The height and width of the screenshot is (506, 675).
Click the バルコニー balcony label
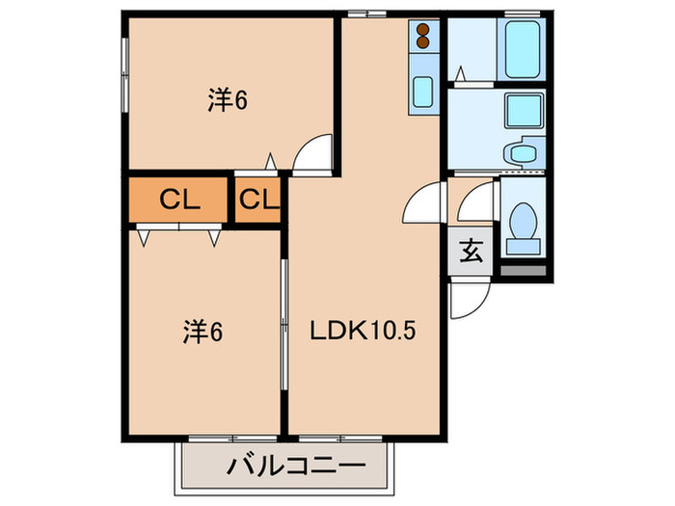tap(296, 466)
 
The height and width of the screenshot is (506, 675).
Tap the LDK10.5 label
tap(363, 331)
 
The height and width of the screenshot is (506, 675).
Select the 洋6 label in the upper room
tap(228, 100)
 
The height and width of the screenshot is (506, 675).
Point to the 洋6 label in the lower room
tap(202, 332)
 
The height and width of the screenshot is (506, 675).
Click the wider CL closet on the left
tap(178, 200)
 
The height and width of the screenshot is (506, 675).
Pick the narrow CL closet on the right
tap(257, 200)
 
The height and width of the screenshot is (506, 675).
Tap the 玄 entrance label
tap(471, 251)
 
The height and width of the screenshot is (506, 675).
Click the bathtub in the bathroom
tap(522, 49)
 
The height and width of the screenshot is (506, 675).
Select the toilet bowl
tap(523, 222)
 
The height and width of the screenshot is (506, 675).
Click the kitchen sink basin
tap(423, 93)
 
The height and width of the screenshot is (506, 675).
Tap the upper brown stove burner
tap(423, 29)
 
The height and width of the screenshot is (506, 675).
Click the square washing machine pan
tap(524, 111)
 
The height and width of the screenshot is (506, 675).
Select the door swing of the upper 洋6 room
tap(312, 153)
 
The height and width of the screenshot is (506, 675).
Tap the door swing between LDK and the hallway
tap(424, 202)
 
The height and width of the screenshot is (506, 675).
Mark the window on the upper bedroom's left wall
tap(124, 75)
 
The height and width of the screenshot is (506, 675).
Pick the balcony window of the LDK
tap(340, 439)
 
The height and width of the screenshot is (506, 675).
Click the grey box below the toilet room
tap(523, 271)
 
